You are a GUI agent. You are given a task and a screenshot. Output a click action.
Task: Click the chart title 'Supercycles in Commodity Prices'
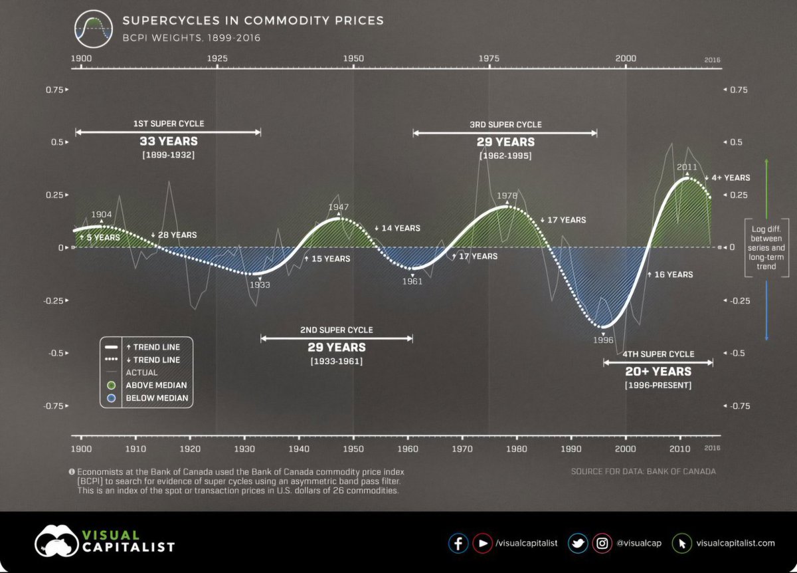[x=253, y=21]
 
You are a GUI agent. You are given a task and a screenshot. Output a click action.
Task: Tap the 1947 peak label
[x=339, y=207]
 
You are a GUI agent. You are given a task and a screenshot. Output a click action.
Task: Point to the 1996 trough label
[x=602, y=339]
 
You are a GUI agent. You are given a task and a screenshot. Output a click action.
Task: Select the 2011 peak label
[x=687, y=168]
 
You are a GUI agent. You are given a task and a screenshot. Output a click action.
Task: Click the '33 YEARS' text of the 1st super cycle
[x=168, y=142]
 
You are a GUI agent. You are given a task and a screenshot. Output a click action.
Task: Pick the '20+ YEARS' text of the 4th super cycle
[x=658, y=372]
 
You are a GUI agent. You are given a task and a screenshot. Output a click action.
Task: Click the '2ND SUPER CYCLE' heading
[x=336, y=330]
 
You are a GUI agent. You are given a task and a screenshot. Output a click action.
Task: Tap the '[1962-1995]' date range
[x=505, y=156]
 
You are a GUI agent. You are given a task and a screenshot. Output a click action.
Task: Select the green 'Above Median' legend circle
[x=112, y=385]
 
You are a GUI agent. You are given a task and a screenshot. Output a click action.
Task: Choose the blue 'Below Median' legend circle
[x=112, y=398]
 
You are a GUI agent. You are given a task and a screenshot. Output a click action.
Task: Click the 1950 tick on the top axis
[x=353, y=58]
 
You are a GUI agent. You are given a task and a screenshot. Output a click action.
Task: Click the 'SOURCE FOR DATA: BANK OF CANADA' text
[x=643, y=472]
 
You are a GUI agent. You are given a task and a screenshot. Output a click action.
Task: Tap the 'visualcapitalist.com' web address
[x=735, y=543]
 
